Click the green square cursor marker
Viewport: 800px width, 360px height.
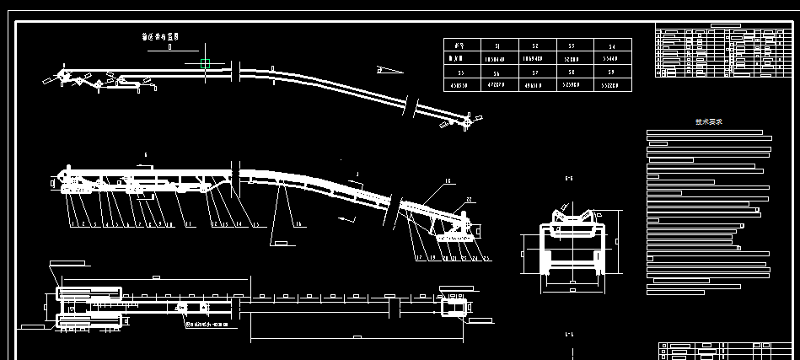click(206, 64)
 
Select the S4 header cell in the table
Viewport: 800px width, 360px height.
click(613, 46)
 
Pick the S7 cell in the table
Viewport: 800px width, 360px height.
click(536, 73)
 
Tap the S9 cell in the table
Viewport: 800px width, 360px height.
click(613, 73)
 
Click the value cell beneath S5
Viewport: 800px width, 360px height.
click(459, 86)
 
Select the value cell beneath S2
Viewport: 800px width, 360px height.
click(536, 60)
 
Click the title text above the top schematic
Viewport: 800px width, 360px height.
click(160, 37)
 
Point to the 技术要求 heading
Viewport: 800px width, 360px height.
click(708, 121)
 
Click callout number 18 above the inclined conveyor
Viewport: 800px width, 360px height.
click(447, 181)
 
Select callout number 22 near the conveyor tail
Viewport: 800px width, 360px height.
click(469, 200)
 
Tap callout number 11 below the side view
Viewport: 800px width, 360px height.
click(189, 225)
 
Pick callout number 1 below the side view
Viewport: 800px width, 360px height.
click(73, 225)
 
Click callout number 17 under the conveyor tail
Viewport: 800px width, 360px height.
click(416, 257)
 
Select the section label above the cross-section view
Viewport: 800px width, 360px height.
click(569, 179)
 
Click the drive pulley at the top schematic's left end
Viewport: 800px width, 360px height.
click(63, 76)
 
